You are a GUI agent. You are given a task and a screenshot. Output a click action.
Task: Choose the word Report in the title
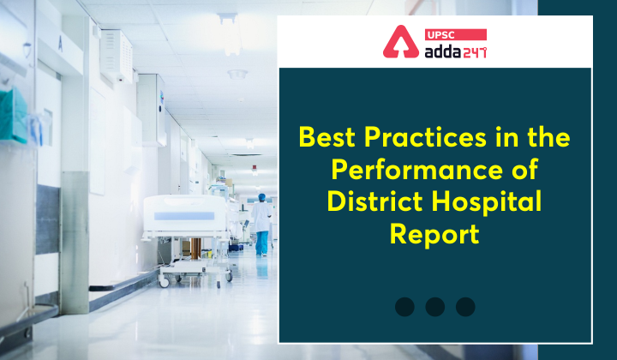[434, 234]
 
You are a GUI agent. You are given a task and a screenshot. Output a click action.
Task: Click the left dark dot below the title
[404, 307]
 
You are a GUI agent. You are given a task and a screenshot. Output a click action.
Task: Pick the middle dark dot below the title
[435, 307]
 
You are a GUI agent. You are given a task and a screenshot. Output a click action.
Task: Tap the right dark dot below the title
[465, 307]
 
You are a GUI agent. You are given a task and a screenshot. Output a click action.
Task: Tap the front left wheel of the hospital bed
[163, 281]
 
